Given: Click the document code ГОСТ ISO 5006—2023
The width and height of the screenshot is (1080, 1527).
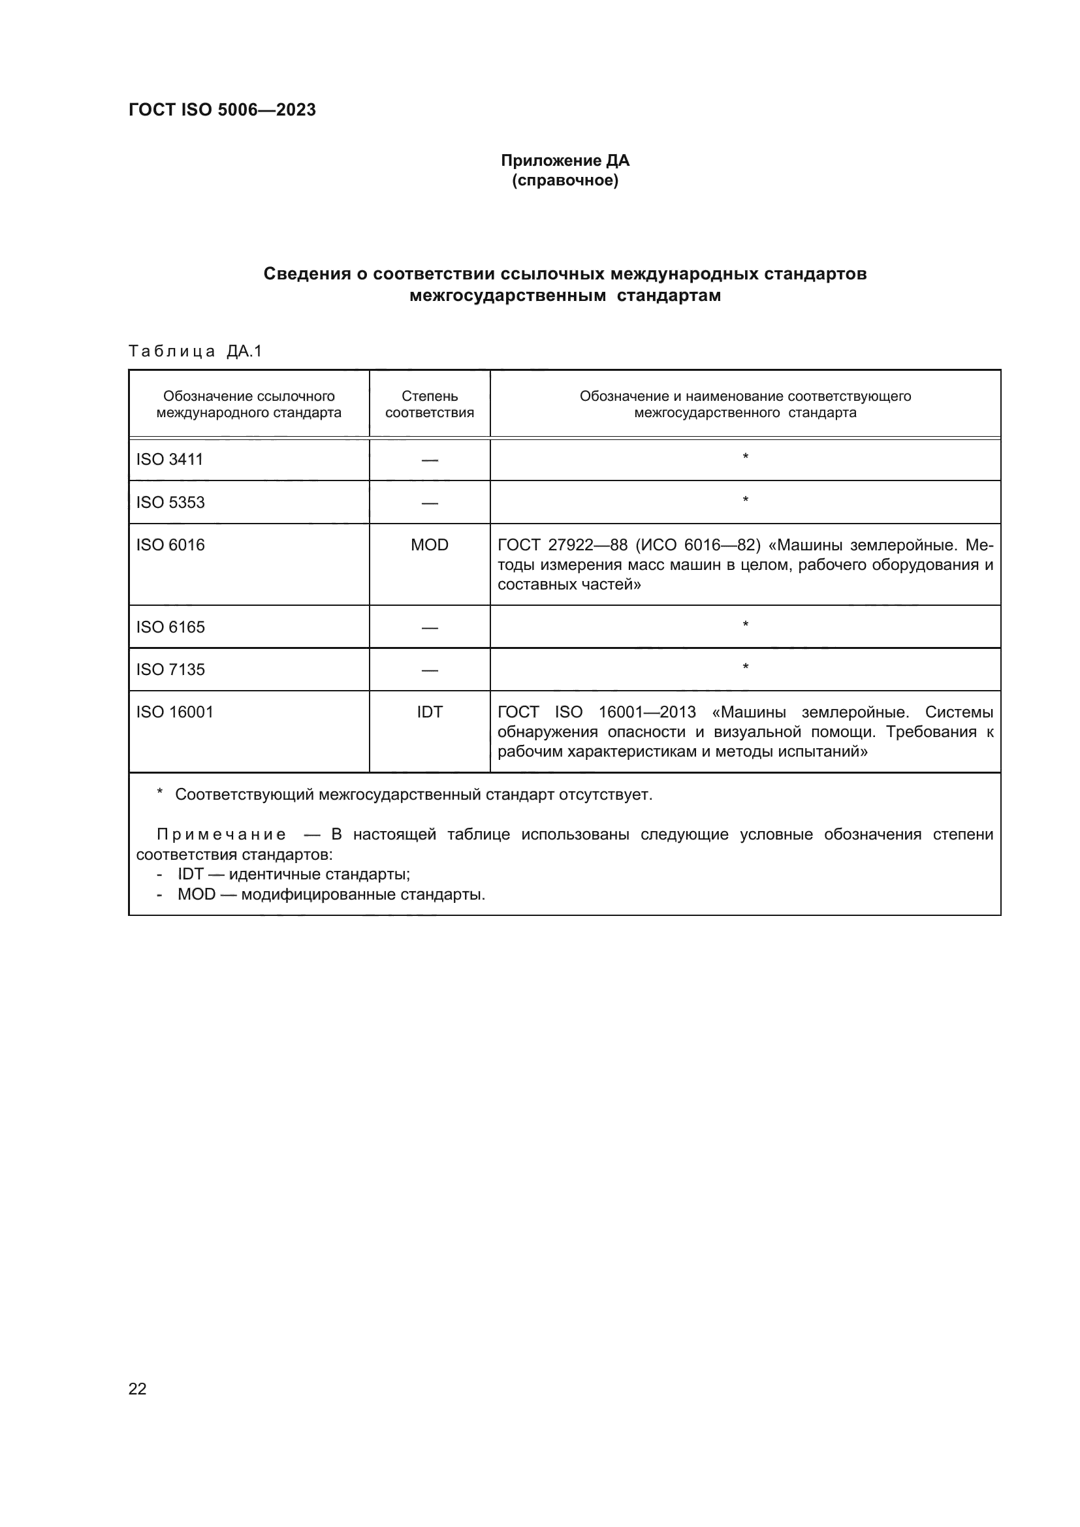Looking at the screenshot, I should (x=222, y=110).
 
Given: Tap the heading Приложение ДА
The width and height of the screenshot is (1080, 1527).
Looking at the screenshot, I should (x=565, y=161).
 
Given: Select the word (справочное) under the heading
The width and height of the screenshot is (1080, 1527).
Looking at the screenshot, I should (x=565, y=181).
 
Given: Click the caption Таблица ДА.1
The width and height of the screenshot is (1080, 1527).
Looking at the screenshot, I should (x=195, y=351).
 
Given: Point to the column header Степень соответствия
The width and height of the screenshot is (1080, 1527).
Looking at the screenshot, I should (x=430, y=404).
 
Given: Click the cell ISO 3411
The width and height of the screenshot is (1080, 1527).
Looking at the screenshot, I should (x=170, y=460).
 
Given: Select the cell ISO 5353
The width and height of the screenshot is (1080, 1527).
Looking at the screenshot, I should (x=170, y=502).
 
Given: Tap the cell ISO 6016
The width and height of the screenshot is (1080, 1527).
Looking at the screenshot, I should (x=170, y=544).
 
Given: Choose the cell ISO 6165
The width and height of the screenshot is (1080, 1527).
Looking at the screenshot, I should (x=170, y=627).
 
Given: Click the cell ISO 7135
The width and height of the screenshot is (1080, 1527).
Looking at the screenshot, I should (x=170, y=670).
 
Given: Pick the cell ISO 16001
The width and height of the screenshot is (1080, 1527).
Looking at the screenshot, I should (x=175, y=712).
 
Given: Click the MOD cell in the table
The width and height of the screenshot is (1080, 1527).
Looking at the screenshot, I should (x=430, y=544).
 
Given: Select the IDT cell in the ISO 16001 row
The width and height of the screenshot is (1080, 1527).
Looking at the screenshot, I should (x=430, y=712).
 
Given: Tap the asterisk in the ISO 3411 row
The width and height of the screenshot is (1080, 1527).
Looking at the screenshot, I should (x=746, y=458).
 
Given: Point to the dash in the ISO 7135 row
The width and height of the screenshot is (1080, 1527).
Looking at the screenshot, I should (x=430, y=670).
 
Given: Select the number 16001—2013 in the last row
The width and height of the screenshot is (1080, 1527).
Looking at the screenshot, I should (x=646, y=712).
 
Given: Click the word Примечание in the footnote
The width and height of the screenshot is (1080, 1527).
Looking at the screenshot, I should (x=221, y=835).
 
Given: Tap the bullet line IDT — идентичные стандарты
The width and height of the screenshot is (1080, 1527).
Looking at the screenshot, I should (x=293, y=875).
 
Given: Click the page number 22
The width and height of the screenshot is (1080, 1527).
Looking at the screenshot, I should (x=138, y=1389).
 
